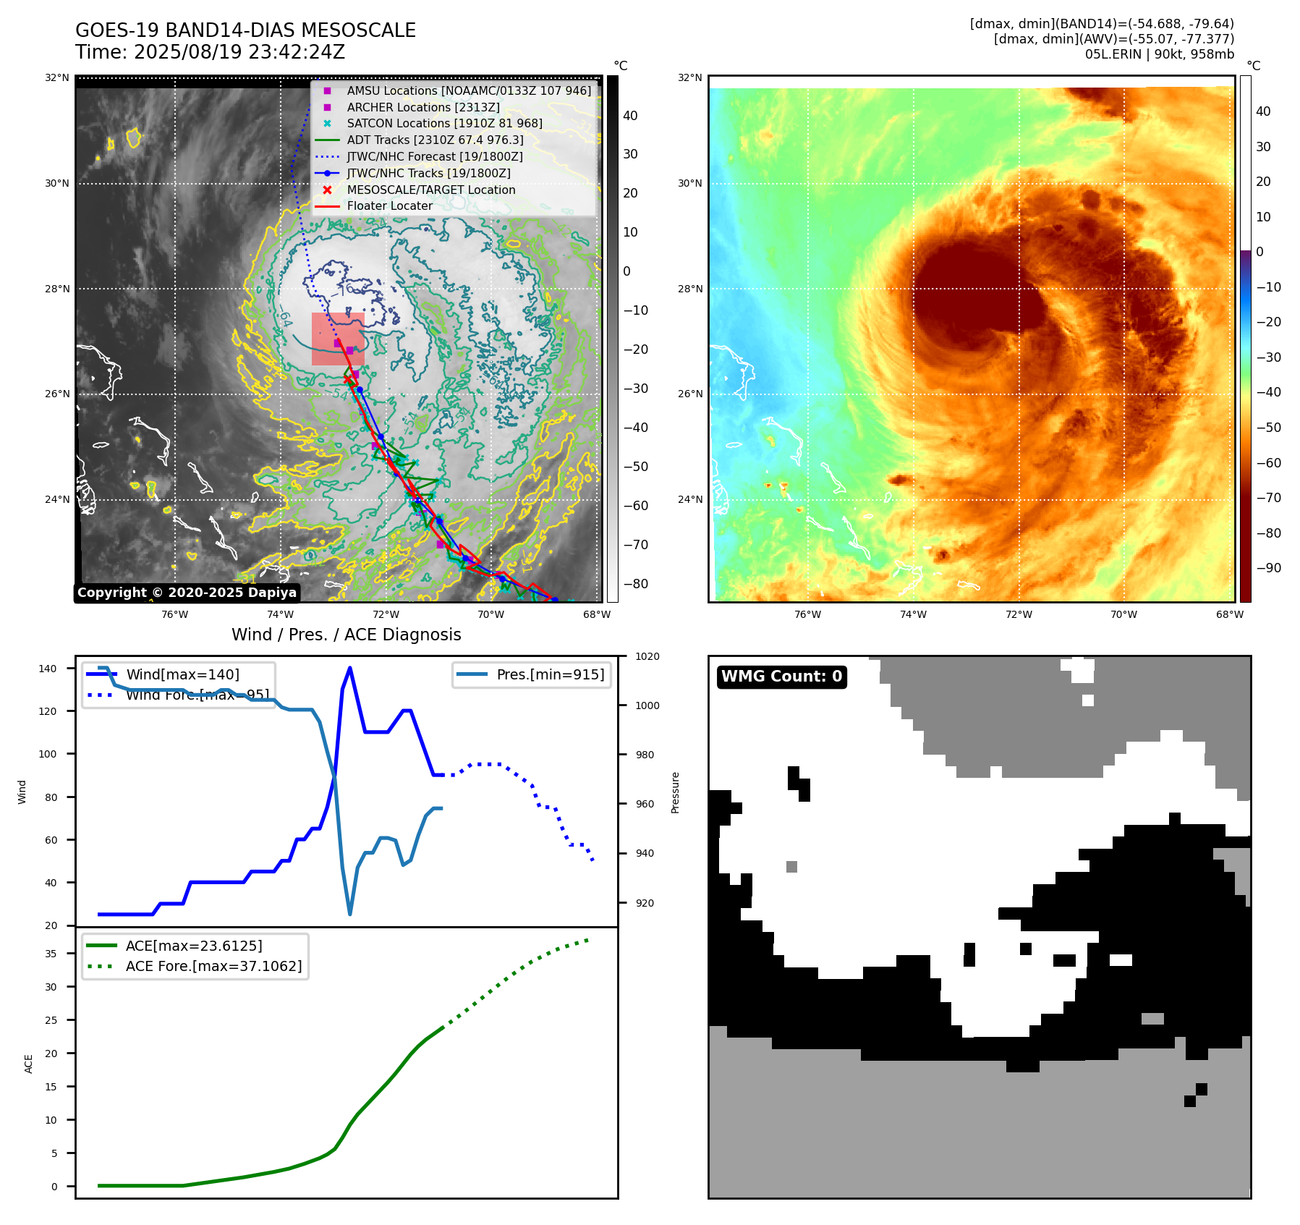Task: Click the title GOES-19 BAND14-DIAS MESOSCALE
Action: coord(245,30)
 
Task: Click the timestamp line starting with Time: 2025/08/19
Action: coord(210,52)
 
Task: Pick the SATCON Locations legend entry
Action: coord(444,124)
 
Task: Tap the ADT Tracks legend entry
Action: coord(435,140)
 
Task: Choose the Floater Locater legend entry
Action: coord(389,206)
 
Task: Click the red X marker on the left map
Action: coord(348,379)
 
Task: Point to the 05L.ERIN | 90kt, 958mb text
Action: coord(1159,54)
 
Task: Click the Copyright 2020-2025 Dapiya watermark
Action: coord(187,593)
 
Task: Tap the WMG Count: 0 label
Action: coord(781,677)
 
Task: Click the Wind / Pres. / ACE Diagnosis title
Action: coord(346,635)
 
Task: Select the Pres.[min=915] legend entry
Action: coord(550,674)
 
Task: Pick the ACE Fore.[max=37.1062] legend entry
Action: coord(213,966)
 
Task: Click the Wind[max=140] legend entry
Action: coord(182,674)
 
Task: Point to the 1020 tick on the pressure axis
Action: coord(647,656)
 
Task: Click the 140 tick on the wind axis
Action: coord(47,669)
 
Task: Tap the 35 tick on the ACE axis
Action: coord(51,954)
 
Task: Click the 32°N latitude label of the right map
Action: coord(689,78)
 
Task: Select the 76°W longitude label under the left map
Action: coord(174,615)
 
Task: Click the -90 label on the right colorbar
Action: coord(1268,568)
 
